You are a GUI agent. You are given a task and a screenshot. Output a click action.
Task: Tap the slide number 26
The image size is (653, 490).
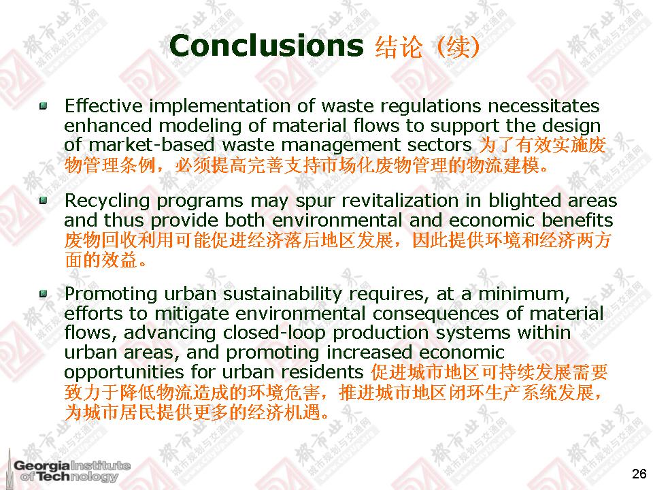tap(639, 474)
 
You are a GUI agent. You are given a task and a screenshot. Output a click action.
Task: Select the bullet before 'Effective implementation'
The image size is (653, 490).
tap(43, 106)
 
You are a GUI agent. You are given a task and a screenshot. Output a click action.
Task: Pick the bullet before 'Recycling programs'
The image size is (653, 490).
tap(43, 201)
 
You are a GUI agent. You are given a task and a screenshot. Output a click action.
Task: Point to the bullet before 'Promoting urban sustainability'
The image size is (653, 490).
tap(43, 294)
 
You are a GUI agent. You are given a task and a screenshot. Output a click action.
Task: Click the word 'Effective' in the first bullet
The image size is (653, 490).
tap(103, 106)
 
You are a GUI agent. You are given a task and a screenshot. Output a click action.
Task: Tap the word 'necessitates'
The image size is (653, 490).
tap(543, 106)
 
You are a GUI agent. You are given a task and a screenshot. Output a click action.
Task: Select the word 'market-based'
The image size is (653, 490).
tap(152, 144)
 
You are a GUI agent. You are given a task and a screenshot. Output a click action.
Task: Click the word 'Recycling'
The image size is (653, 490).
tap(107, 201)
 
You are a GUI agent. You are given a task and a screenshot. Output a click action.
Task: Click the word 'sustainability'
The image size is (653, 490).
tap(282, 294)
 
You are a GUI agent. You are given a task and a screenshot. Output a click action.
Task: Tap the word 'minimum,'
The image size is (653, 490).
tap(524, 294)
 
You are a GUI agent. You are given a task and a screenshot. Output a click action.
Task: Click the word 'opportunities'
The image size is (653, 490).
tap(124, 372)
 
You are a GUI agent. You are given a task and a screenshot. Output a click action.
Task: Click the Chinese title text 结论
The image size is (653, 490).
tap(399, 47)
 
